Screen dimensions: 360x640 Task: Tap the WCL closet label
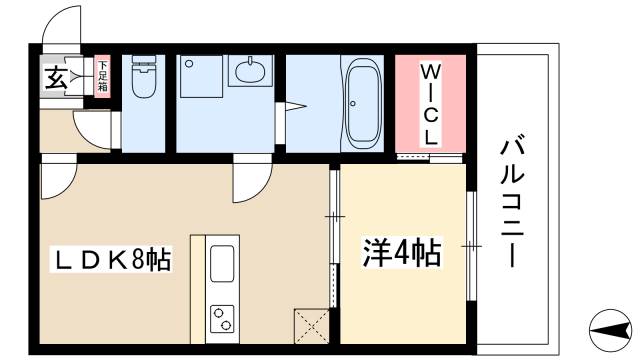tap(428, 104)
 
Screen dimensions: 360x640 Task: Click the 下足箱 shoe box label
tap(102, 77)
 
